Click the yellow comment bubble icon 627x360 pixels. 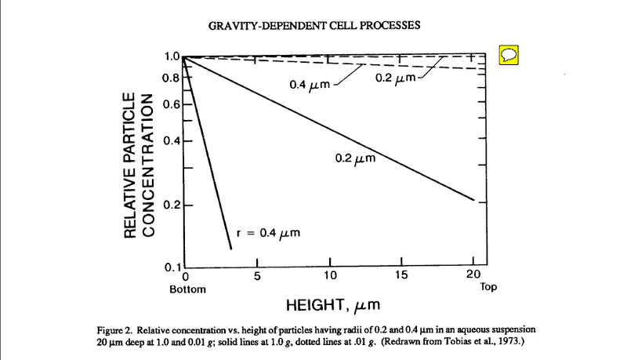click(509, 55)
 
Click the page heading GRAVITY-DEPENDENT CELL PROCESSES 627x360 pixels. click(314, 25)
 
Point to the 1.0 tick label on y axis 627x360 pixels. click(172, 56)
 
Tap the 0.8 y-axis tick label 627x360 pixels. click(172, 78)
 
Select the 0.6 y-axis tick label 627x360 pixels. click(172, 104)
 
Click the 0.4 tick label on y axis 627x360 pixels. click(172, 141)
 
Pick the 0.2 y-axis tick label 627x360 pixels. click(172, 205)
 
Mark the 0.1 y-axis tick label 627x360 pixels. click(172, 267)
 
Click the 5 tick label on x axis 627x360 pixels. click(256, 275)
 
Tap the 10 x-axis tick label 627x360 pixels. click(330, 275)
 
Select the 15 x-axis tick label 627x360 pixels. click(400, 275)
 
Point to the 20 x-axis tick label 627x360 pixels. click(472, 275)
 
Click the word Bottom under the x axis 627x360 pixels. click(187, 289)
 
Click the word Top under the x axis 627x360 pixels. click(488, 287)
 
